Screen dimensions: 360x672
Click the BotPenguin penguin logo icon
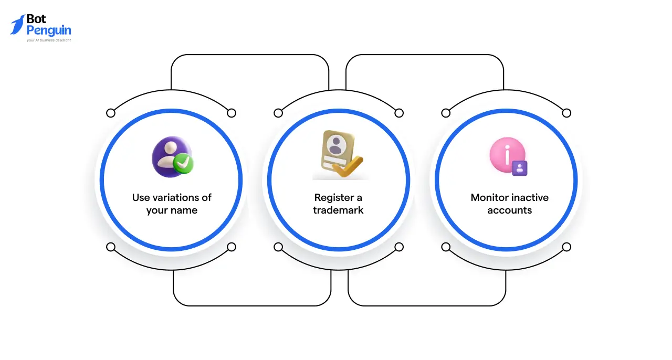click(17, 25)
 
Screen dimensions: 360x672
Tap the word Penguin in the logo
click(48, 30)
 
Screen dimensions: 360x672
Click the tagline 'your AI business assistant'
click(48, 40)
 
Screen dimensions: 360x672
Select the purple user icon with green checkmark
click(172, 157)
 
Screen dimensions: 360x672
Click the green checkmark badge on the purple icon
click(184, 164)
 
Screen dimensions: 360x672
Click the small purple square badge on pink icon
click(519, 168)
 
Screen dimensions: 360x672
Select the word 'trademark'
click(338, 210)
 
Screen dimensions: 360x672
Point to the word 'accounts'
click(509, 210)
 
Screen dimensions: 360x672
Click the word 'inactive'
click(530, 198)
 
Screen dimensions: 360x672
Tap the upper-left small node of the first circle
click(110, 113)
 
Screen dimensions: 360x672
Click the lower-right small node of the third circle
click(566, 247)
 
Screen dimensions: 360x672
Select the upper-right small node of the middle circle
click(399, 113)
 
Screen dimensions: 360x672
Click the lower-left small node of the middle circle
click(278, 247)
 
